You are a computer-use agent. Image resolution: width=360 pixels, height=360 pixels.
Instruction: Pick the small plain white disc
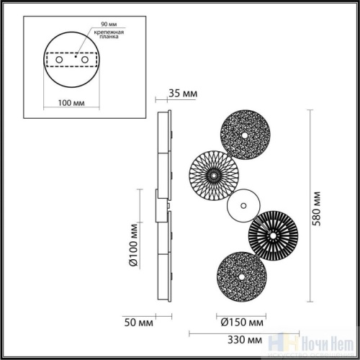(x=240, y=206)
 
